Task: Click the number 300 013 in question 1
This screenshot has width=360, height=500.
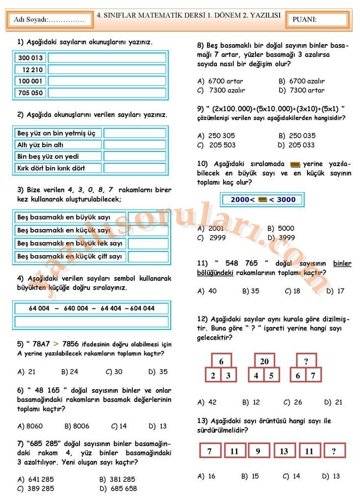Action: point(30,58)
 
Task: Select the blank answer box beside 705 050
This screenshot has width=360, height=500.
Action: point(107,93)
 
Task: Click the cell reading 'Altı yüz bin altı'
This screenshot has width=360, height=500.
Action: point(58,145)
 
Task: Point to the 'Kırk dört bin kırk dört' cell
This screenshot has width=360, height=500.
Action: point(58,168)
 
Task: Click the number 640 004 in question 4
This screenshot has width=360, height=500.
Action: point(76,308)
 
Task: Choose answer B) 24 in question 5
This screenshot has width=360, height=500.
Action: point(70,372)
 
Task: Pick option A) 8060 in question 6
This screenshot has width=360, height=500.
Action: point(30,426)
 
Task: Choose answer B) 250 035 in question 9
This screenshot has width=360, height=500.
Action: point(297,135)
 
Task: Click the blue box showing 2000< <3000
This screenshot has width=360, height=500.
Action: point(262,200)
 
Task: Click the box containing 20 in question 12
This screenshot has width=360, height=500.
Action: point(264,361)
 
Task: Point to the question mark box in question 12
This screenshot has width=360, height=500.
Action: point(306,361)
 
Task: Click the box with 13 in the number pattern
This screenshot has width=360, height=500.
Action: point(284,451)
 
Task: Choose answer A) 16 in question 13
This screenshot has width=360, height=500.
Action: point(206,476)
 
